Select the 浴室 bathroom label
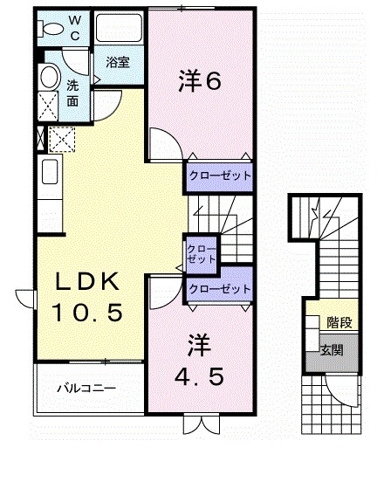tap(119, 62)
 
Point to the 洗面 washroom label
tap(73, 93)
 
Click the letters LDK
tap(87, 281)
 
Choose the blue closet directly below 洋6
tap(220, 176)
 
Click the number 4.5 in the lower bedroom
tap(206, 377)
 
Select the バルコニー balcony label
tap(86, 386)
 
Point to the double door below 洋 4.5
tap(199, 426)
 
